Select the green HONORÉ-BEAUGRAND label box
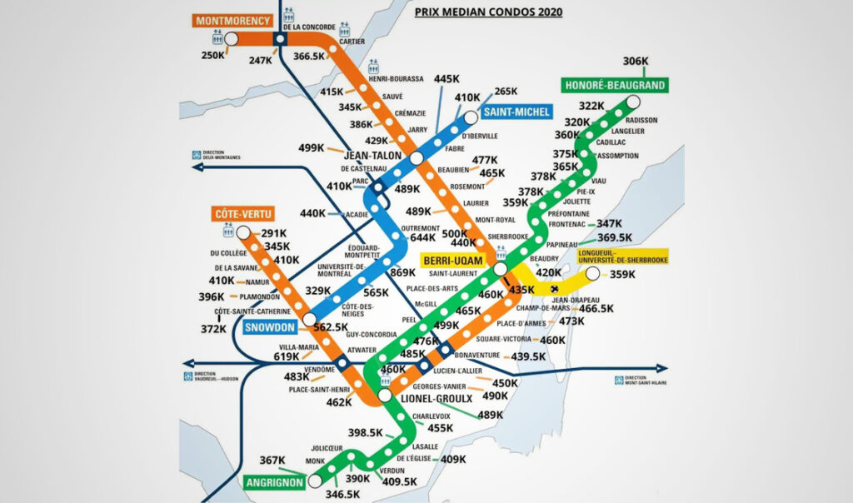(x=615, y=86)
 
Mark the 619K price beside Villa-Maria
(x=287, y=356)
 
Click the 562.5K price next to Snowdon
(x=331, y=327)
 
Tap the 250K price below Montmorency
(x=212, y=55)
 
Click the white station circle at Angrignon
(x=315, y=481)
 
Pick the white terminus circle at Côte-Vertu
(x=243, y=232)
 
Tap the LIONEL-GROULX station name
(x=431, y=399)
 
